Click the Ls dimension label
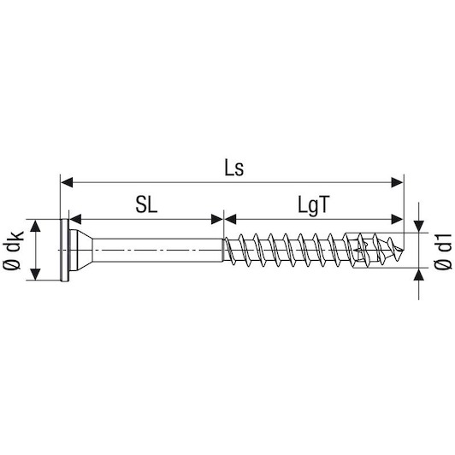(234, 168)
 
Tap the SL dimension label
(146, 205)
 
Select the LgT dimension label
(314, 206)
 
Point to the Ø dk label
(13, 251)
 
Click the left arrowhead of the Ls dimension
(67, 183)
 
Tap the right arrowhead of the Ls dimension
(397, 183)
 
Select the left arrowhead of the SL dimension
(75, 219)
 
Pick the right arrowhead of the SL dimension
(217, 219)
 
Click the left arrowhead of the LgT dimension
(230, 219)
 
